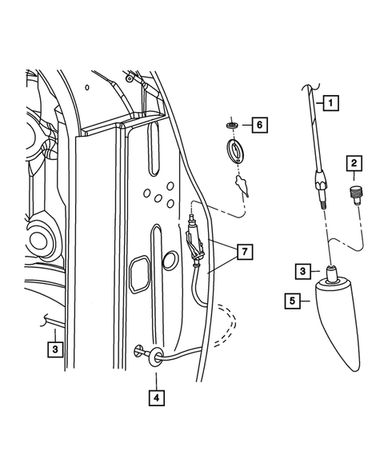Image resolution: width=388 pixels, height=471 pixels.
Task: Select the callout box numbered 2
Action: [x=352, y=164]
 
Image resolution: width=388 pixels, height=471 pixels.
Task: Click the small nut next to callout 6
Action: [x=231, y=125]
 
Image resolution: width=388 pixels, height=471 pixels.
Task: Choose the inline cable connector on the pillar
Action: [x=193, y=240]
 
